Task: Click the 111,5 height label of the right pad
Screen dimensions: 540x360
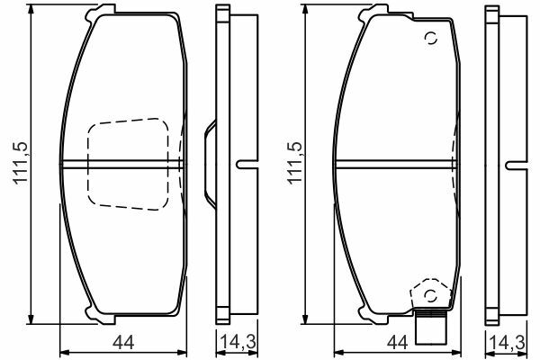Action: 295,163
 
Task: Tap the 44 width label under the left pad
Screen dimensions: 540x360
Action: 123,343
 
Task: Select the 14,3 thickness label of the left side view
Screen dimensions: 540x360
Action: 238,342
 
